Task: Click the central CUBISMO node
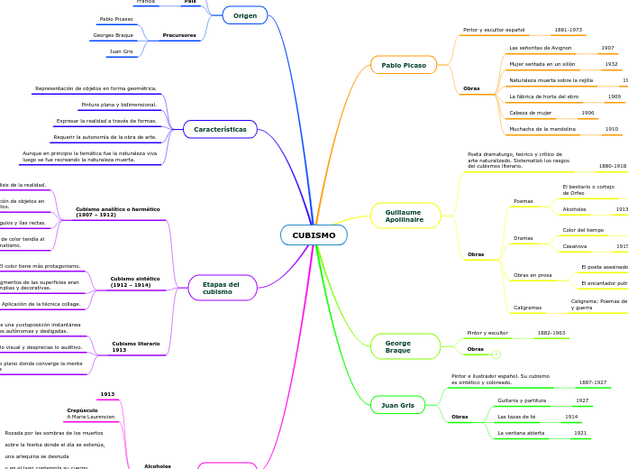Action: point(314,235)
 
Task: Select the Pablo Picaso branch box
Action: point(404,65)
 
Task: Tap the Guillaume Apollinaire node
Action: point(405,216)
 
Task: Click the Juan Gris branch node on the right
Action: point(397,405)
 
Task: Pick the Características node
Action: point(220,129)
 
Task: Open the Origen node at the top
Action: point(245,15)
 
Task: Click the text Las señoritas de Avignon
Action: point(541,47)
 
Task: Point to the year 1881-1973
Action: point(568,30)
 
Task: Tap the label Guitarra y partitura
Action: point(522,400)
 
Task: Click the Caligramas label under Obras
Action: point(528,308)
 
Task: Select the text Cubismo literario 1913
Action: point(136,346)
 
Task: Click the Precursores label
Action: point(179,35)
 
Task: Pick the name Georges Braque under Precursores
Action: point(113,35)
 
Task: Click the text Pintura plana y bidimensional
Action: point(119,105)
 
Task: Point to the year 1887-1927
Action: point(592,382)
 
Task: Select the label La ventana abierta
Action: point(521,433)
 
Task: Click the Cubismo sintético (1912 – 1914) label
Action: point(135,281)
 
